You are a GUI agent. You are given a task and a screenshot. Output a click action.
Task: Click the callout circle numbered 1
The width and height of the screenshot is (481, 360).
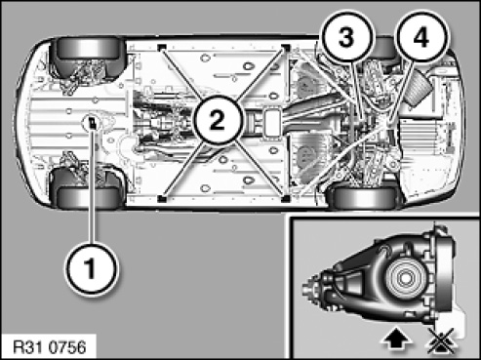[x=91, y=269]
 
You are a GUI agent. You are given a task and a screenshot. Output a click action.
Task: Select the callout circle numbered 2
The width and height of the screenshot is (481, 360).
[x=217, y=120]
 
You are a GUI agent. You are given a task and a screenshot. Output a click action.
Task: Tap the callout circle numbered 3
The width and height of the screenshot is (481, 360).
[x=346, y=37]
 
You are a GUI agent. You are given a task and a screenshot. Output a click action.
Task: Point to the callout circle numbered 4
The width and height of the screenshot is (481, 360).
[x=421, y=37]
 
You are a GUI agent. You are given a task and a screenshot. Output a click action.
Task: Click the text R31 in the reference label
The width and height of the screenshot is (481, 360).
[x=28, y=347]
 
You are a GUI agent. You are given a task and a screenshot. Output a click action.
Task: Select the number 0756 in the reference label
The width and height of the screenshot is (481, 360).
[x=67, y=347]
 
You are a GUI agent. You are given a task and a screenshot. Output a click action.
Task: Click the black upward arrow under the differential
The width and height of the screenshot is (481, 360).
[x=396, y=340]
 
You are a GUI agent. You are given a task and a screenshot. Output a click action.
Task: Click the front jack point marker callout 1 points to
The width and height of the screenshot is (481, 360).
[x=93, y=124]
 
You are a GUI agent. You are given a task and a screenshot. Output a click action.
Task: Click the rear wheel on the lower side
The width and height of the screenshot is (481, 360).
[x=365, y=198]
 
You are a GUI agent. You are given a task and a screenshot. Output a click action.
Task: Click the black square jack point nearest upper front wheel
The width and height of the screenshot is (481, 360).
[x=161, y=48]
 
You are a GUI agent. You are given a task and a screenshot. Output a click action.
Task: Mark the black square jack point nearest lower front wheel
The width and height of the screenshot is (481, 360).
[x=162, y=198]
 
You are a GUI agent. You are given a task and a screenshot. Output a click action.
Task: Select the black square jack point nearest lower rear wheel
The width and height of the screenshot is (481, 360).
[x=285, y=198]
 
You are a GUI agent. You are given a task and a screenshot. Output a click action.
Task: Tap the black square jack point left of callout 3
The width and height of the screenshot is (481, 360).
[x=285, y=48]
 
